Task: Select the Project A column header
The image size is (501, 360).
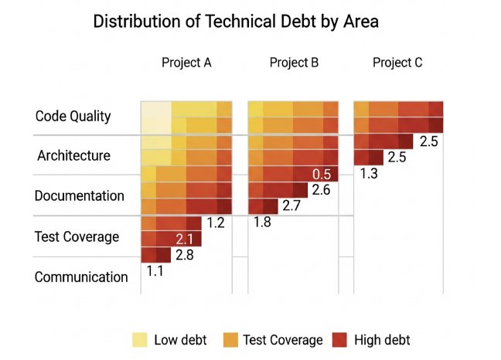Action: pyautogui.click(x=186, y=63)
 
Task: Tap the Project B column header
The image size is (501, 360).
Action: pyautogui.click(x=294, y=63)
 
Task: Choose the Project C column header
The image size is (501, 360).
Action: pyautogui.click(x=397, y=63)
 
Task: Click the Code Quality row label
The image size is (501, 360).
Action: pyautogui.click(x=73, y=117)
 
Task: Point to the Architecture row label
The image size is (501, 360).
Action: pyautogui.click(x=73, y=156)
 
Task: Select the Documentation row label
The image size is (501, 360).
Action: pyautogui.click(x=79, y=196)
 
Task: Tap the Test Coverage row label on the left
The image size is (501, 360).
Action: pyautogui.click(x=77, y=236)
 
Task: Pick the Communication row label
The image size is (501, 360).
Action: pyautogui.click(x=81, y=277)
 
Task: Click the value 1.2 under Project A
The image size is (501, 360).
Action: pyautogui.click(x=215, y=224)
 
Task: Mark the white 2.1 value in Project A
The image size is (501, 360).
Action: pyautogui.click(x=184, y=239)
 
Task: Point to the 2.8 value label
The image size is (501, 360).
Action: pyautogui.click(x=184, y=255)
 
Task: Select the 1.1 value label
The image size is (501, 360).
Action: pyautogui.click(x=155, y=270)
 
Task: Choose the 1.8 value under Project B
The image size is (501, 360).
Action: pyautogui.click(x=263, y=222)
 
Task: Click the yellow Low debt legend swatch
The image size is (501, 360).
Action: pyautogui.click(x=140, y=339)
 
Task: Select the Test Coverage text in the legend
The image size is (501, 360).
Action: pyautogui.click(x=282, y=340)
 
